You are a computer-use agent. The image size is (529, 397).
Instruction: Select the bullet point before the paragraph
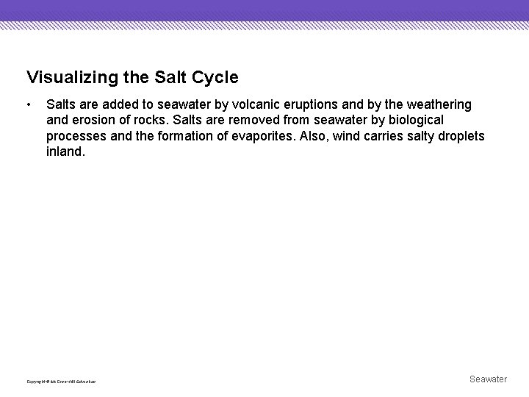click(x=29, y=105)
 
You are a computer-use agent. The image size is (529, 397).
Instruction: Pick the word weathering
click(x=436, y=105)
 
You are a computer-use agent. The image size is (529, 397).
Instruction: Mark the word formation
click(x=185, y=137)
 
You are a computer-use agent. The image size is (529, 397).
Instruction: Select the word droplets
click(x=459, y=137)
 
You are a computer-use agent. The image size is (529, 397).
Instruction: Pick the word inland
click(x=65, y=152)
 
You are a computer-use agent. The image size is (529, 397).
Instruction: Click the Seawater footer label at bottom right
click(x=488, y=379)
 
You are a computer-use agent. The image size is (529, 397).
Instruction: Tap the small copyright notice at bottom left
click(x=61, y=382)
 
